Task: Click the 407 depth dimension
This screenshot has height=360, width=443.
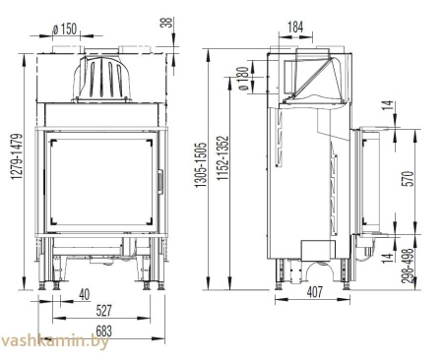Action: [312, 292]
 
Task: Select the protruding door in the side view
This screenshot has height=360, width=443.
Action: [369, 182]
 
